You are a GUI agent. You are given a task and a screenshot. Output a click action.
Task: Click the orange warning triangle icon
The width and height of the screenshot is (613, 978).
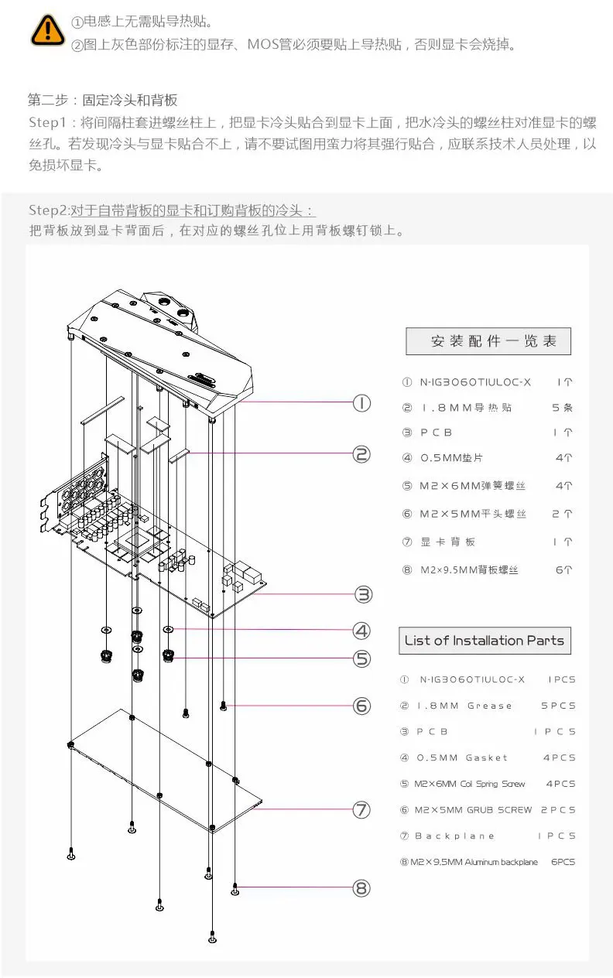(x=48, y=29)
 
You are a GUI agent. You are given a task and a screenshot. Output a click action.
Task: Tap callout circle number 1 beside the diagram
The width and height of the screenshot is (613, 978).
(x=361, y=402)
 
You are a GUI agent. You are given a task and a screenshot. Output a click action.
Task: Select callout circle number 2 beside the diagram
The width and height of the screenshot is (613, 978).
(x=361, y=454)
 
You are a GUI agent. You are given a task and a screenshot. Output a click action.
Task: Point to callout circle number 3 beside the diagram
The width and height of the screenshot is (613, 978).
(x=362, y=594)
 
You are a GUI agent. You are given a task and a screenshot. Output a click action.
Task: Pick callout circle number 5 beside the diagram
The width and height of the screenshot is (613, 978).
(x=361, y=658)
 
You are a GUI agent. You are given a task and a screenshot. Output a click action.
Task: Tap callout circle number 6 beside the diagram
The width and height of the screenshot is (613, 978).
(x=361, y=705)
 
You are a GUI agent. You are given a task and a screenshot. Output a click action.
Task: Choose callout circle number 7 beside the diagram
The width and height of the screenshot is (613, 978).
(x=361, y=809)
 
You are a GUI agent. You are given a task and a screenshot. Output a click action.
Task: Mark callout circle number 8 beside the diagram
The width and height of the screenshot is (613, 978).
(x=361, y=887)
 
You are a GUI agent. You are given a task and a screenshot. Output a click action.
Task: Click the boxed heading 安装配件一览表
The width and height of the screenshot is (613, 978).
(x=488, y=341)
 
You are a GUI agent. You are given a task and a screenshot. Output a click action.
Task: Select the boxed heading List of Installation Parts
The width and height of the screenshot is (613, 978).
(x=485, y=641)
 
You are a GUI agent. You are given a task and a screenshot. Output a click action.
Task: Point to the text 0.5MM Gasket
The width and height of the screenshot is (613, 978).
(x=463, y=757)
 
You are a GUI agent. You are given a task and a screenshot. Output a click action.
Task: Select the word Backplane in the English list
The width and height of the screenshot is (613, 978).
(x=454, y=836)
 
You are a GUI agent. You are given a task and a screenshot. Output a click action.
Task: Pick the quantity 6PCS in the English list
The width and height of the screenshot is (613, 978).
(x=563, y=862)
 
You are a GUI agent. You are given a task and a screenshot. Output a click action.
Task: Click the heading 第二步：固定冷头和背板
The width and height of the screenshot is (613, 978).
(x=103, y=100)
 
